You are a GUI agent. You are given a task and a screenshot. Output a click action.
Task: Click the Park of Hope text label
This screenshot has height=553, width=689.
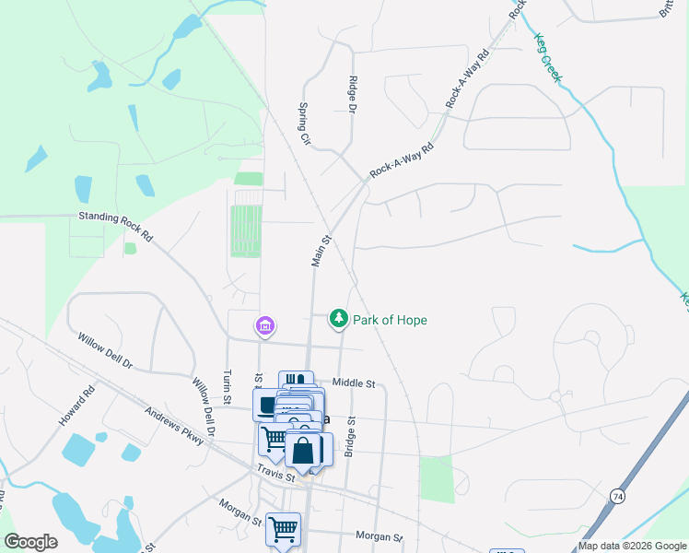391,320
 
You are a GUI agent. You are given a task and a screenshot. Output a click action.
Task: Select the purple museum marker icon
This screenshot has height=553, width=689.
264,325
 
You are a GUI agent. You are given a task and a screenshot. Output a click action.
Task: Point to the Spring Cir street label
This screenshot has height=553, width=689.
303,121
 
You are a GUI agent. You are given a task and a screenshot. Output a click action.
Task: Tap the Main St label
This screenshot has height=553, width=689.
321,252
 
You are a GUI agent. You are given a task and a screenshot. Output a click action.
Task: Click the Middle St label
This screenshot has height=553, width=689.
355,382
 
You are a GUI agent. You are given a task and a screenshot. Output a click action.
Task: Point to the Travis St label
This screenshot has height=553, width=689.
276,475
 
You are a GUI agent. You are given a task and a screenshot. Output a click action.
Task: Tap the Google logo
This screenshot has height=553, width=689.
30,542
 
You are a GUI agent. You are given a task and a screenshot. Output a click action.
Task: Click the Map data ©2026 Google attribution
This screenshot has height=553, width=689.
633,546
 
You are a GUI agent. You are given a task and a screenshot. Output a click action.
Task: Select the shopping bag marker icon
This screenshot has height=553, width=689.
303,452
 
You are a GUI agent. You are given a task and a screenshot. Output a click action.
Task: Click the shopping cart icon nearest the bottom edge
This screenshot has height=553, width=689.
283,530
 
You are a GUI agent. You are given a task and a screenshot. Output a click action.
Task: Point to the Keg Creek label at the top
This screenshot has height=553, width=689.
547,56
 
